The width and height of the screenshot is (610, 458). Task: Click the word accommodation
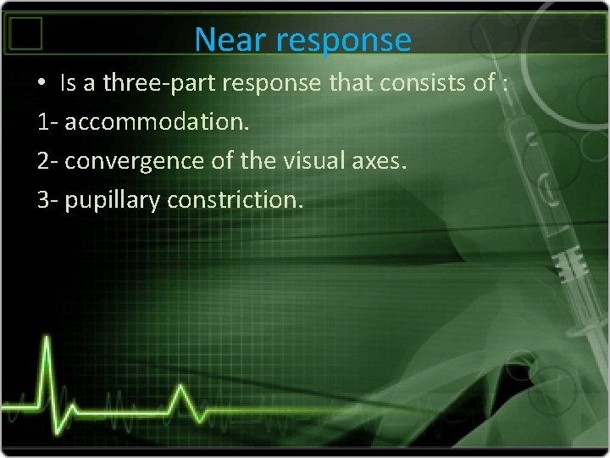click(x=158, y=122)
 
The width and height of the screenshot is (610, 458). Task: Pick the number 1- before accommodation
click(x=47, y=122)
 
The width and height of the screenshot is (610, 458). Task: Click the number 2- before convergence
click(x=48, y=161)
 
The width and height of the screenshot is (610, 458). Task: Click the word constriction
click(x=236, y=200)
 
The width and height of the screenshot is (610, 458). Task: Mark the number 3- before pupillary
click(x=48, y=200)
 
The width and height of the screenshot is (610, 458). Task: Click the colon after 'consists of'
click(x=505, y=84)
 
